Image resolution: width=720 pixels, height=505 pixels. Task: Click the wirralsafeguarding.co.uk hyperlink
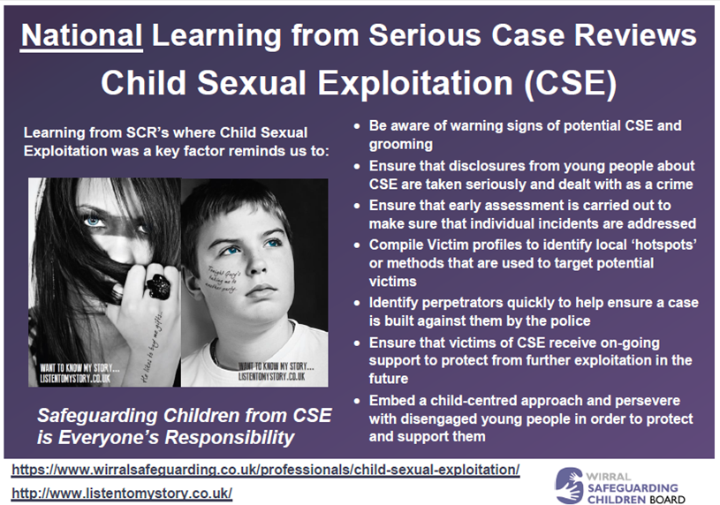coord(265,469)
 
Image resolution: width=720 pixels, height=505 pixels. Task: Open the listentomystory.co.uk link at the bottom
coord(122,492)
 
